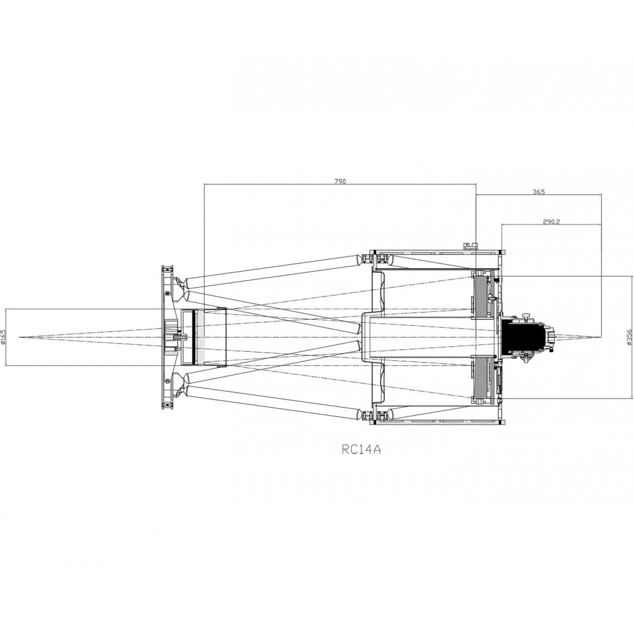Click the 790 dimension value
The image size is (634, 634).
coord(340,181)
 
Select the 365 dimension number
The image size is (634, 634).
coord(538,192)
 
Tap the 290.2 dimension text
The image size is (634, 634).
coord(551,221)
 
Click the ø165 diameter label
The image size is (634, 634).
coord(4,337)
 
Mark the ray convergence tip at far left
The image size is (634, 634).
coord(19,337)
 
